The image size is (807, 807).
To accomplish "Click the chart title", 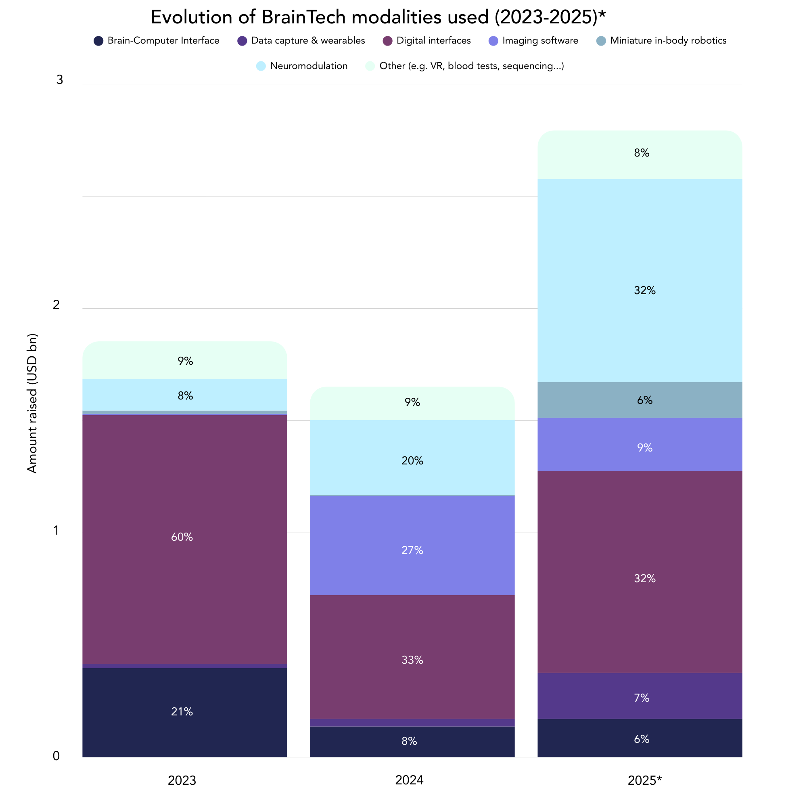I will pyautogui.click(x=378, y=17).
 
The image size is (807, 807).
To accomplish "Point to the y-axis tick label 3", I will pyautogui.click(x=60, y=80).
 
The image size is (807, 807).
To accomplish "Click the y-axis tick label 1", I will pyautogui.click(x=56, y=531).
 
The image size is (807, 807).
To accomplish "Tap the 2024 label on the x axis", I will pyautogui.click(x=409, y=780).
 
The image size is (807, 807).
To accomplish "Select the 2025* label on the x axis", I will pyautogui.click(x=644, y=780).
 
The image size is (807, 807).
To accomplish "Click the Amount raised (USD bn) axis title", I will pyautogui.click(x=32, y=403).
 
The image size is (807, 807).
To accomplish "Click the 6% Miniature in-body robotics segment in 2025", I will pyautogui.click(x=640, y=400).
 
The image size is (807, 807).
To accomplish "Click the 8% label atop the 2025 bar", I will pyautogui.click(x=642, y=153).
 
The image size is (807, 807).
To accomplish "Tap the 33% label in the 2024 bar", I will pyautogui.click(x=412, y=660).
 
